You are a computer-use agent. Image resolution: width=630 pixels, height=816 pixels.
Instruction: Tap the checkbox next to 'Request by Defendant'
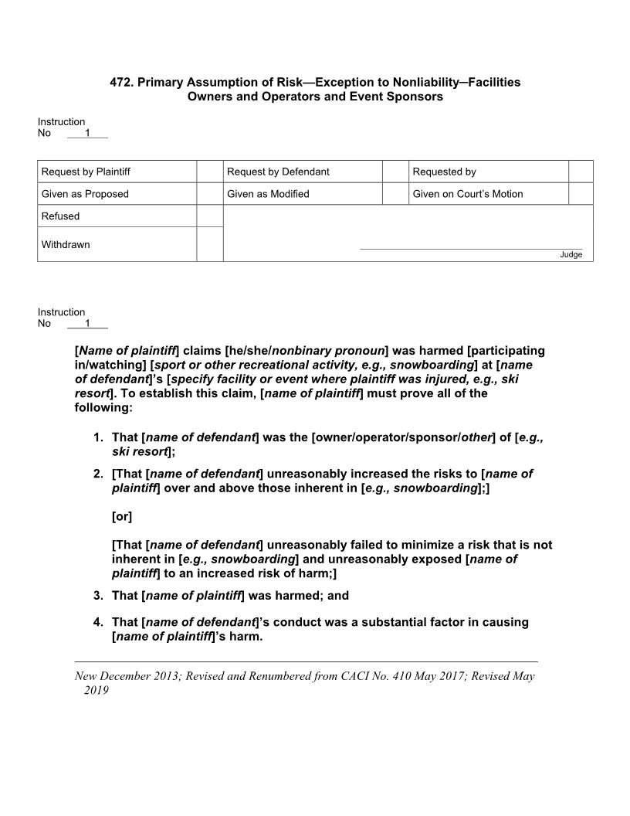click(x=395, y=172)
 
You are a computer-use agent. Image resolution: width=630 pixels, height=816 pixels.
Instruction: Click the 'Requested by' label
click(x=444, y=172)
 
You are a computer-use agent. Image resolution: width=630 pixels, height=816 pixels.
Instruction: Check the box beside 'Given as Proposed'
click(x=209, y=194)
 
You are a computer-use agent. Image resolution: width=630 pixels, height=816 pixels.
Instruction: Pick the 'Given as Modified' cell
click(x=268, y=194)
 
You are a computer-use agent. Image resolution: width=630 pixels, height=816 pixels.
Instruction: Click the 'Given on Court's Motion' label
click(x=467, y=194)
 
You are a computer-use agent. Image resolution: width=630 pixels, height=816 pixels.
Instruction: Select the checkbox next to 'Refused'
click(x=209, y=216)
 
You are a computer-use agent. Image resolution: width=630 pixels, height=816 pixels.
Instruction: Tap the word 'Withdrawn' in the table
click(x=66, y=245)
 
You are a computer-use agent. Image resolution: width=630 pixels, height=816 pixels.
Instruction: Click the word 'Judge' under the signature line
click(x=571, y=255)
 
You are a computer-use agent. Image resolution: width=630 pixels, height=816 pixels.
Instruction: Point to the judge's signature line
click(x=471, y=249)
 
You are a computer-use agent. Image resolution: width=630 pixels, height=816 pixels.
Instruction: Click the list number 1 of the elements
click(x=97, y=437)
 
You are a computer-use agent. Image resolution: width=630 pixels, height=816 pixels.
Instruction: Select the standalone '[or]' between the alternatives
click(x=122, y=515)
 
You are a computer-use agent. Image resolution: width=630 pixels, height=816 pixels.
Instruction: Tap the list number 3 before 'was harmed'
click(x=97, y=595)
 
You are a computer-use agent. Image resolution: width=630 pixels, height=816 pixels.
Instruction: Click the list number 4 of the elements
click(x=97, y=622)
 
